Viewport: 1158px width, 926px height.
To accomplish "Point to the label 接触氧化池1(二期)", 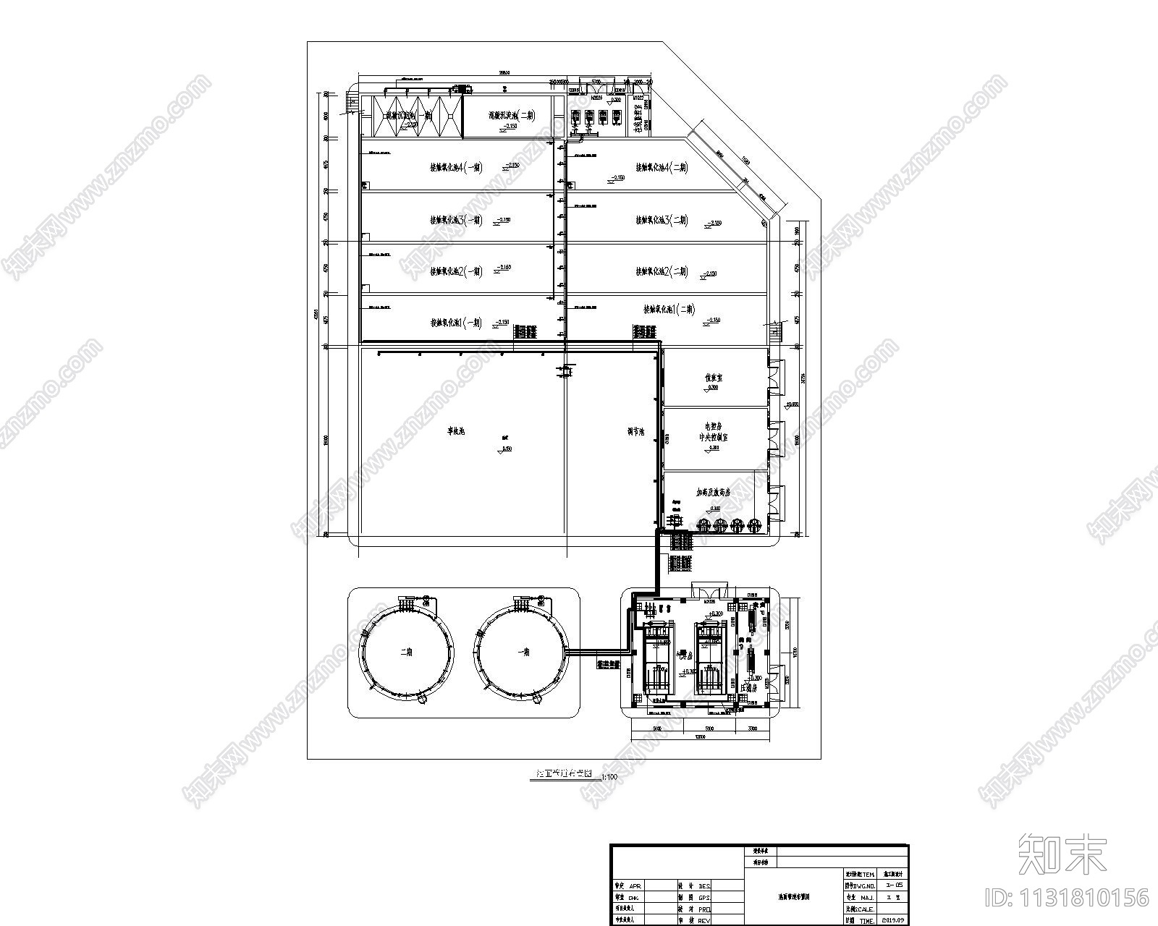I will pos(669,310).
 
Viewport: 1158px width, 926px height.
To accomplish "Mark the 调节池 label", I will pos(636,432).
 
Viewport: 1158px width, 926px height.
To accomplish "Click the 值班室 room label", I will pos(714,378).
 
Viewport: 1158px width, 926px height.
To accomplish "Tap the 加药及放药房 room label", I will pos(713,492).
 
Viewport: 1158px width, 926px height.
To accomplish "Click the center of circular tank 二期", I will pos(407,651).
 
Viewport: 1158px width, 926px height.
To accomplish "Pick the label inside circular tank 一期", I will pos(523,651).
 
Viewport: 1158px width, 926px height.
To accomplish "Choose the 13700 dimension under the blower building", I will pos(700,737).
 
